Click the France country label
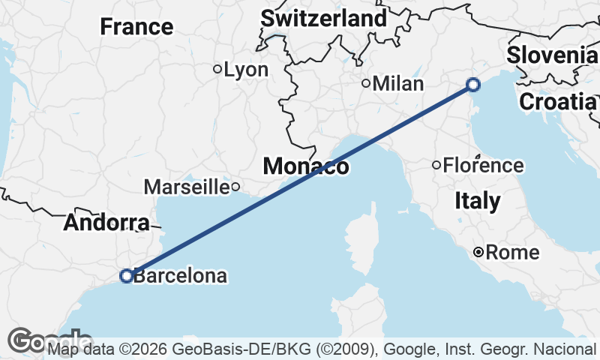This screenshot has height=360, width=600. [x=136, y=27]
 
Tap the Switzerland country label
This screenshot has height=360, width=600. [x=323, y=18]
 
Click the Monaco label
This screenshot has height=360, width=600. [x=305, y=166]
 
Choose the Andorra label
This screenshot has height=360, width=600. [x=106, y=223]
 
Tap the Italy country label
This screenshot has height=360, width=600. [x=478, y=201]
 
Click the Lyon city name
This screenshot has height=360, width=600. [x=246, y=70]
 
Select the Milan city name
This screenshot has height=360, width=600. [x=398, y=83]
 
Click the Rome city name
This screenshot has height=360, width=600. [x=512, y=252]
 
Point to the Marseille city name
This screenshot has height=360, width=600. [x=186, y=186]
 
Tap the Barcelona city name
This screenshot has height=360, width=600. [x=180, y=276]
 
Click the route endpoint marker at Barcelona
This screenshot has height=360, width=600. [x=127, y=276]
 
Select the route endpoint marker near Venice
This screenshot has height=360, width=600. [x=473, y=84]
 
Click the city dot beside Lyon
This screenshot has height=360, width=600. [x=217, y=69]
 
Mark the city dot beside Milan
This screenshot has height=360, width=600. [x=366, y=83]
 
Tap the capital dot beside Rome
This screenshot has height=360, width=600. [x=478, y=252]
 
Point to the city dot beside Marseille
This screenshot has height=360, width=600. [x=235, y=187]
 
